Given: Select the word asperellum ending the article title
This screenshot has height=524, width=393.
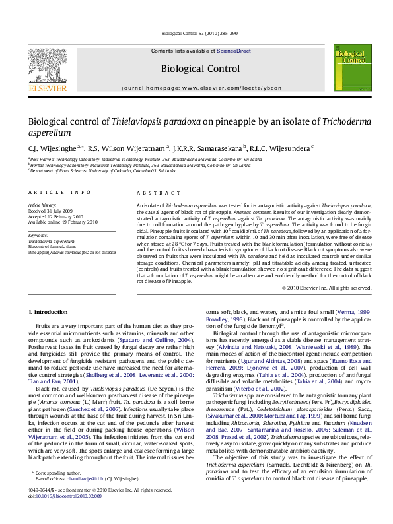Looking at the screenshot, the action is [49, 133].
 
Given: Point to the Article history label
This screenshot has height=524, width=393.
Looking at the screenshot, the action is [42, 206].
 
